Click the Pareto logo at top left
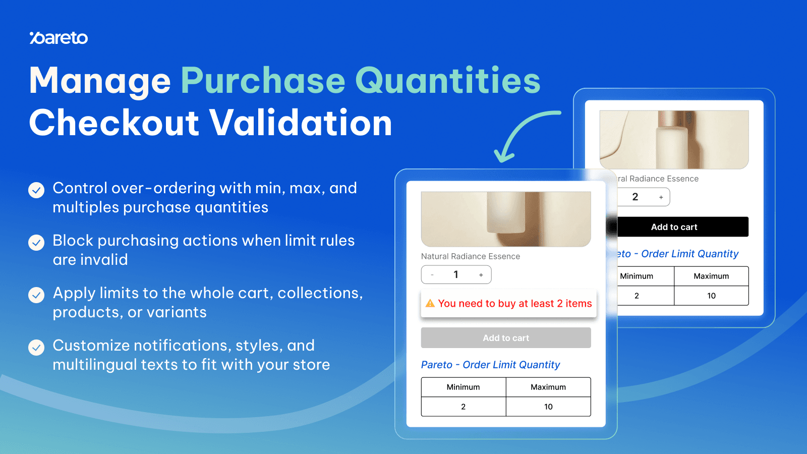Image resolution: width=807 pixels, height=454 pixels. coord(59,38)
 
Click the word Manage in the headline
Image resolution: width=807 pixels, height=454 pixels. coord(100,81)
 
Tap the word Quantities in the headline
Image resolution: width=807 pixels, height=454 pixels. coord(447,81)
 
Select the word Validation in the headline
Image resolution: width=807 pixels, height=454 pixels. coord(301,123)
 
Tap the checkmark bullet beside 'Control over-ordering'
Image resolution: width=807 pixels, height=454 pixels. coord(36,190)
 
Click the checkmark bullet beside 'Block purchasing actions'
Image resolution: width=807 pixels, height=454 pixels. coord(36,243)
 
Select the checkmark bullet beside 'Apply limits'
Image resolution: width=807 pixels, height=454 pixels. coord(36,295)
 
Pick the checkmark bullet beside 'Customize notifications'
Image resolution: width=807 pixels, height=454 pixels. coord(36,348)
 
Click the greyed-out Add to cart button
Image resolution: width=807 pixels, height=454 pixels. coord(506,338)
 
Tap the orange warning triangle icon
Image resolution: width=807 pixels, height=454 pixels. coord(430,303)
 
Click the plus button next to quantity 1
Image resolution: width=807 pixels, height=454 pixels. coord(481,275)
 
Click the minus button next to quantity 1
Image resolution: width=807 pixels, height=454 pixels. coord(432,275)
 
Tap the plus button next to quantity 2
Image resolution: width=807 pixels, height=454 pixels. coord(661,197)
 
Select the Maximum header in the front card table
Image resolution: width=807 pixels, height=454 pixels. coord(548,387)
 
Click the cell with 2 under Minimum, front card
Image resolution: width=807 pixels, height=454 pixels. coord(463,407)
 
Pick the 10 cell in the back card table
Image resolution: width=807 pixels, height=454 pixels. coord(711,296)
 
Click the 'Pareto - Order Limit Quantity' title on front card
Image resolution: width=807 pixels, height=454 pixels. coord(490,365)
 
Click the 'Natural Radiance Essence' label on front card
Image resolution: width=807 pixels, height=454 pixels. coord(470,256)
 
